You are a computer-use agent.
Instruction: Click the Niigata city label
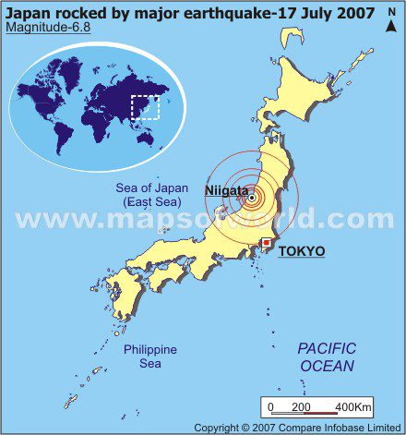click(x=225, y=190)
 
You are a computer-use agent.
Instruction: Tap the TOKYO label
click(x=301, y=251)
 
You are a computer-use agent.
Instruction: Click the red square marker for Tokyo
click(x=267, y=243)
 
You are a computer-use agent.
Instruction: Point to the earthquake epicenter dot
click(x=251, y=196)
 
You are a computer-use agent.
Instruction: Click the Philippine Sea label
click(x=150, y=356)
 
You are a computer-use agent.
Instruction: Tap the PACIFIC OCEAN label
click(x=326, y=357)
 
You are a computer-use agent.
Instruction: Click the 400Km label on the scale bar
click(x=352, y=407)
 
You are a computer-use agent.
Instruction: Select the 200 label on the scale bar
click(x=301, y=407)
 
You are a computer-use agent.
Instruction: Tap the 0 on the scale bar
click(x=270, y=407)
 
